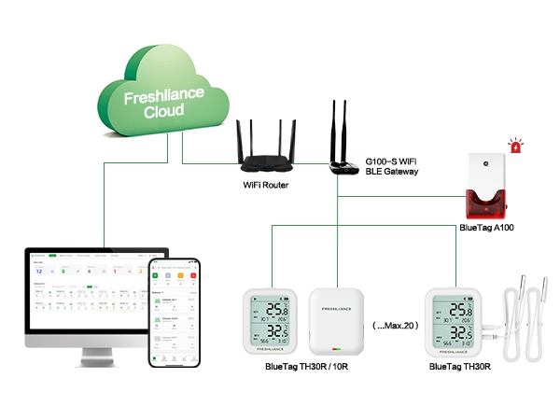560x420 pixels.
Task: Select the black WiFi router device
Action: tap(263, 161)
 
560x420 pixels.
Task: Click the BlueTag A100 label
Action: tap(487, 227)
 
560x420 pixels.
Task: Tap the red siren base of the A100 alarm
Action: tap(488, 204)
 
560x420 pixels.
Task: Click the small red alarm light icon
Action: tap(514, 145)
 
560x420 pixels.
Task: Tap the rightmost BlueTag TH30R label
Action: tap(460, 368)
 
